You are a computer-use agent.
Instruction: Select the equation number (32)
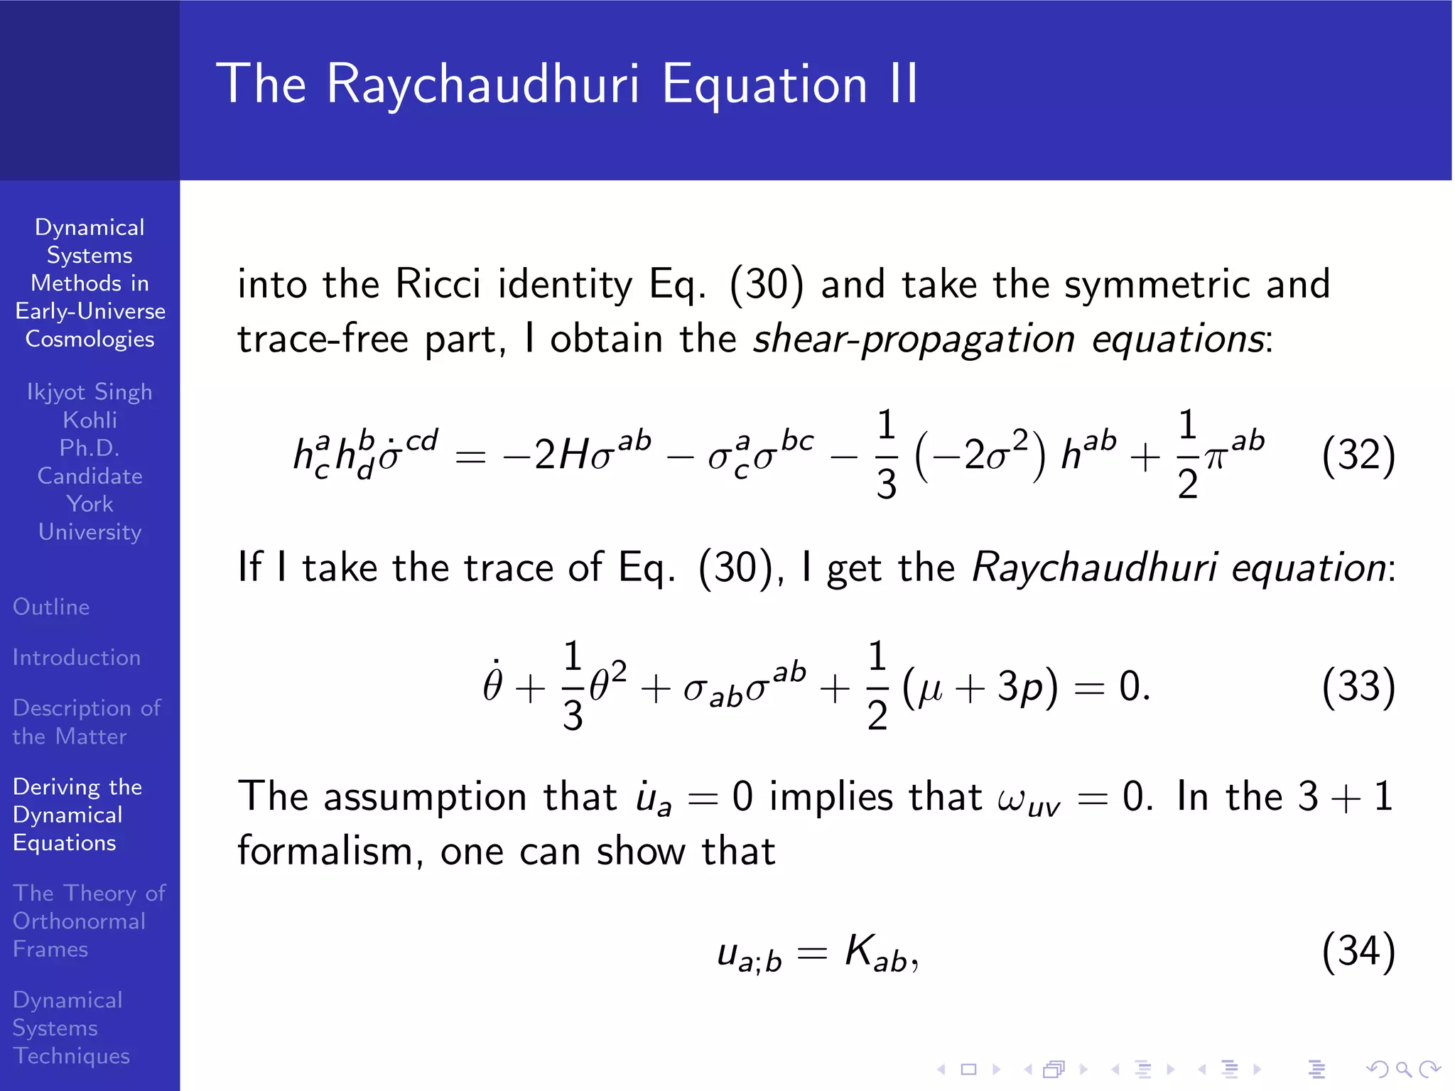point(1358,455)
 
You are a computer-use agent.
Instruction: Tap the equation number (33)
point(1358,687)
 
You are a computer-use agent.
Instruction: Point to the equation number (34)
point(1358,951)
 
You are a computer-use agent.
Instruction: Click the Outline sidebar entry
point(51,607)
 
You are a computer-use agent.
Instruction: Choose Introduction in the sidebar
point(77,658)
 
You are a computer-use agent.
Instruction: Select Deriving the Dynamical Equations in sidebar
point(77,815)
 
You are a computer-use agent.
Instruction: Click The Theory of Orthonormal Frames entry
point(88,921)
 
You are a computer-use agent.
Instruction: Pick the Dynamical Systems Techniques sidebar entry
point(71,1028)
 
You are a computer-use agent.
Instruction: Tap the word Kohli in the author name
point(90,420)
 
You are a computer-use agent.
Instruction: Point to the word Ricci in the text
point(438,284)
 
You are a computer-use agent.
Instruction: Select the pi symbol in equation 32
point(1216,458)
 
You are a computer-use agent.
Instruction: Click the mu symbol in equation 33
point(931,689)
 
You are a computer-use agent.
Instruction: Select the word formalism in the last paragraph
point(324,851)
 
